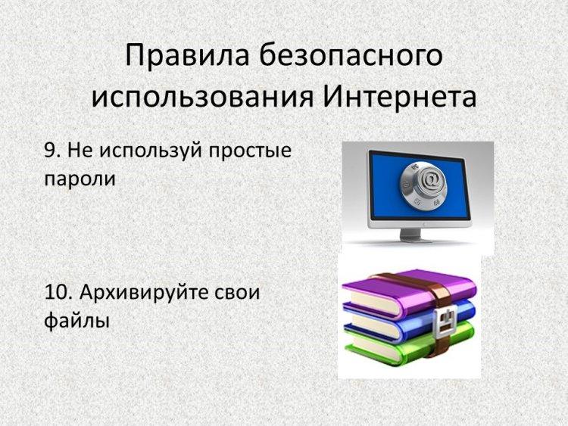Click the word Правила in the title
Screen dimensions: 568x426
(x=187, y=56)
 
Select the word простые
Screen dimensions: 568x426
(x=251, y=152)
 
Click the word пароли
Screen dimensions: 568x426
(x=80, y=179)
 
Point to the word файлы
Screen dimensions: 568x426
(x=76, y=321)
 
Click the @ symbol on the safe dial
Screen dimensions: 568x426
(x=431, y=179)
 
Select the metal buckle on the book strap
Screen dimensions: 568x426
(x=445, y=320)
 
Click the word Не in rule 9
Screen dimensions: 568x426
(x=80, y=151)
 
